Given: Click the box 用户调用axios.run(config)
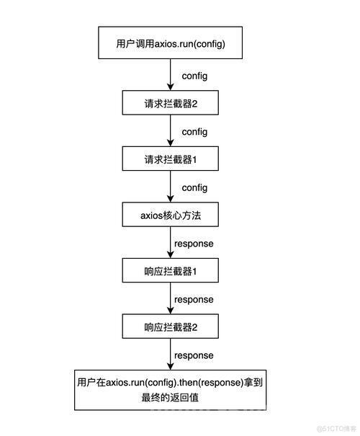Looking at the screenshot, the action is point(170,43).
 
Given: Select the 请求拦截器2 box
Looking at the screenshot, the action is point(170,102).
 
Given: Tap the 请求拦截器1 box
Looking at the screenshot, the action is point(170,159).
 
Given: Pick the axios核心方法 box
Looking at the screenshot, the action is point(170,214).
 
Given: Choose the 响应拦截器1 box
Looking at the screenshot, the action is point(170,270).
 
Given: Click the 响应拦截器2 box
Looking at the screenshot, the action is point(170,326).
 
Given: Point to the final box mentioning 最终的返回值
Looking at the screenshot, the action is point(170,390).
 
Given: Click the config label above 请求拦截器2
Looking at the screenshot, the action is point(194,76).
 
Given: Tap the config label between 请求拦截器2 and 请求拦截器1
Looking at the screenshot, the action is point(194,132).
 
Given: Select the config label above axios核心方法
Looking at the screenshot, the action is point(194,187).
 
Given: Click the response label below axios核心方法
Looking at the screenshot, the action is point(194,244).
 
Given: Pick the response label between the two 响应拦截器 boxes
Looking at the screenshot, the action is point(194,300).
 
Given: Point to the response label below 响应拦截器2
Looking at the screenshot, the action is point(194,355).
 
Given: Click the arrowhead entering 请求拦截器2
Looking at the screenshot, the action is point(170,86).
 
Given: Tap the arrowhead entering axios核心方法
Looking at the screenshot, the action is point(170,198).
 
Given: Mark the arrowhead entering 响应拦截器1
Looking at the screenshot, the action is point(170,254).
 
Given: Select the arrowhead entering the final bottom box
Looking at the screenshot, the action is point(170,366).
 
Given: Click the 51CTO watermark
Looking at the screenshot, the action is point(337,428).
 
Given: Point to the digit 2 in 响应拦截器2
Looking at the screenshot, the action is point(194,327).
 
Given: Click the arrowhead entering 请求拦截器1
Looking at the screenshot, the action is point(170,143).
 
